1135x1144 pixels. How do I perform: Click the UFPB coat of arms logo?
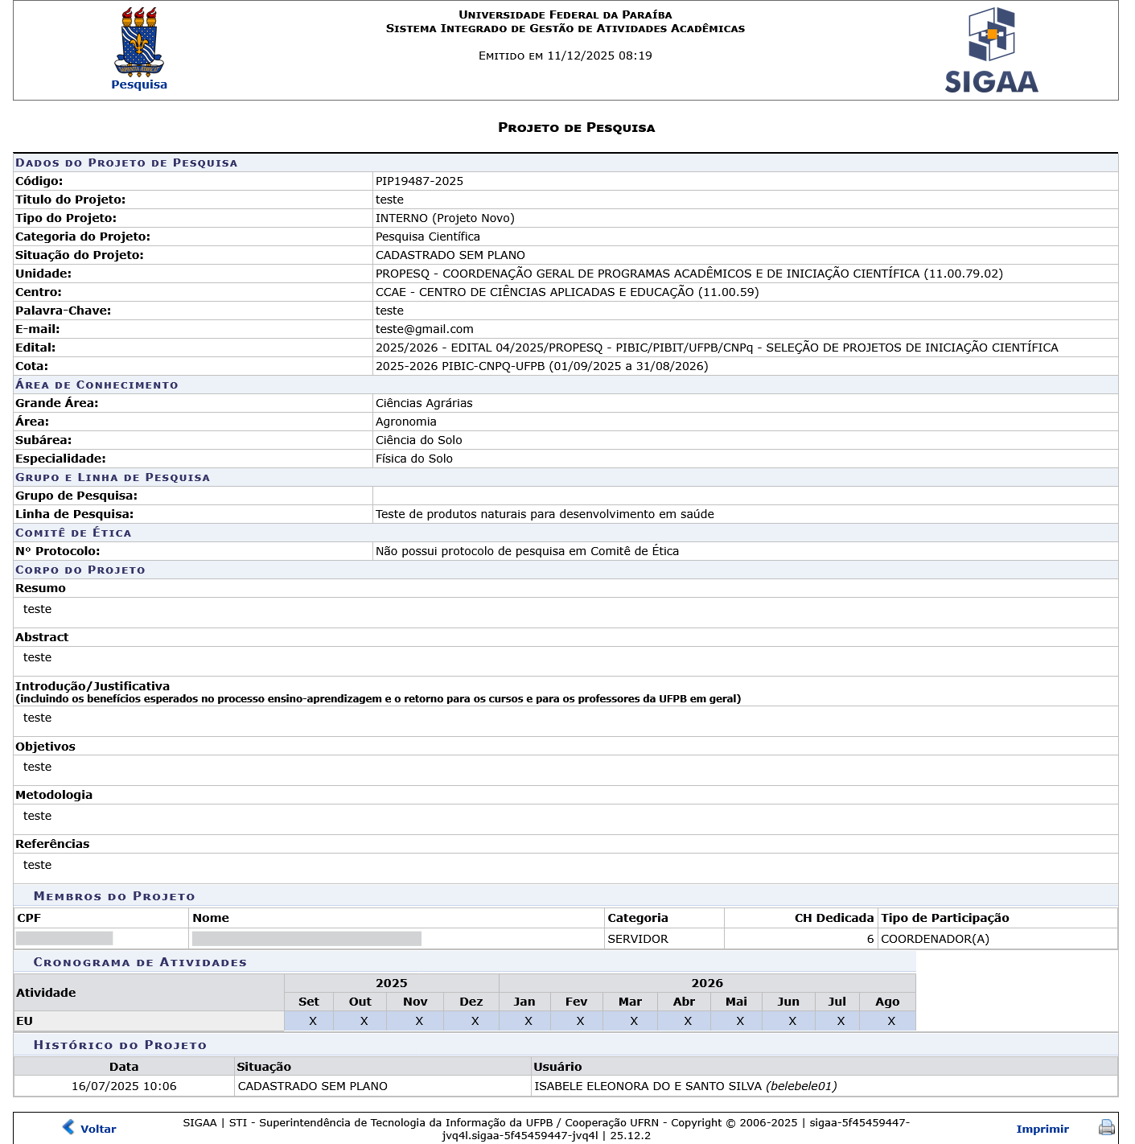click(139, 42)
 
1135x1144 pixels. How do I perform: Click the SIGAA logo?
click(991, 51)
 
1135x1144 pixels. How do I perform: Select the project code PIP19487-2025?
click(419, 181)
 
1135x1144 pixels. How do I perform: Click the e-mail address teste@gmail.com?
click(424, 329)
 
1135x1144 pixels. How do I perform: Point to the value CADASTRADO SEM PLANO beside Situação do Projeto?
click(450, 255)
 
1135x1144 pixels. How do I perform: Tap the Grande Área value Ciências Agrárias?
click(424, 403)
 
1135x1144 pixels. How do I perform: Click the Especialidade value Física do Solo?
click(413, 459)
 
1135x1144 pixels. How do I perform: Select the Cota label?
click(31, 366)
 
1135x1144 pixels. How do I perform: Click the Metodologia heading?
click(54, 795)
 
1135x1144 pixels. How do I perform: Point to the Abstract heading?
click(42, 637)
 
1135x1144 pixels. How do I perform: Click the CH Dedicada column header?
click(833, 918)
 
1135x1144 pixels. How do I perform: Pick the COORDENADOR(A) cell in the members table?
click(935, 939)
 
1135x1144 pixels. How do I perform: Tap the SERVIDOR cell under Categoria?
click(637, 939)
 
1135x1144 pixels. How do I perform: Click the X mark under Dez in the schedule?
click(475, 1021)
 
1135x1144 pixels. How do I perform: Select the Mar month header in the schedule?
click(630, 1002)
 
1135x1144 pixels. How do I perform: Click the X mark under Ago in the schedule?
click(890, 1021)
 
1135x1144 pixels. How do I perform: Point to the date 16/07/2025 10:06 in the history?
click(124, 1086)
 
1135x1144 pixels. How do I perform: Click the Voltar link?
click(98, 1129)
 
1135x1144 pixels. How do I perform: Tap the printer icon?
click(1107, 1128)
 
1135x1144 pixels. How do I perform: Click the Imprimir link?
click(1042, 1129)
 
